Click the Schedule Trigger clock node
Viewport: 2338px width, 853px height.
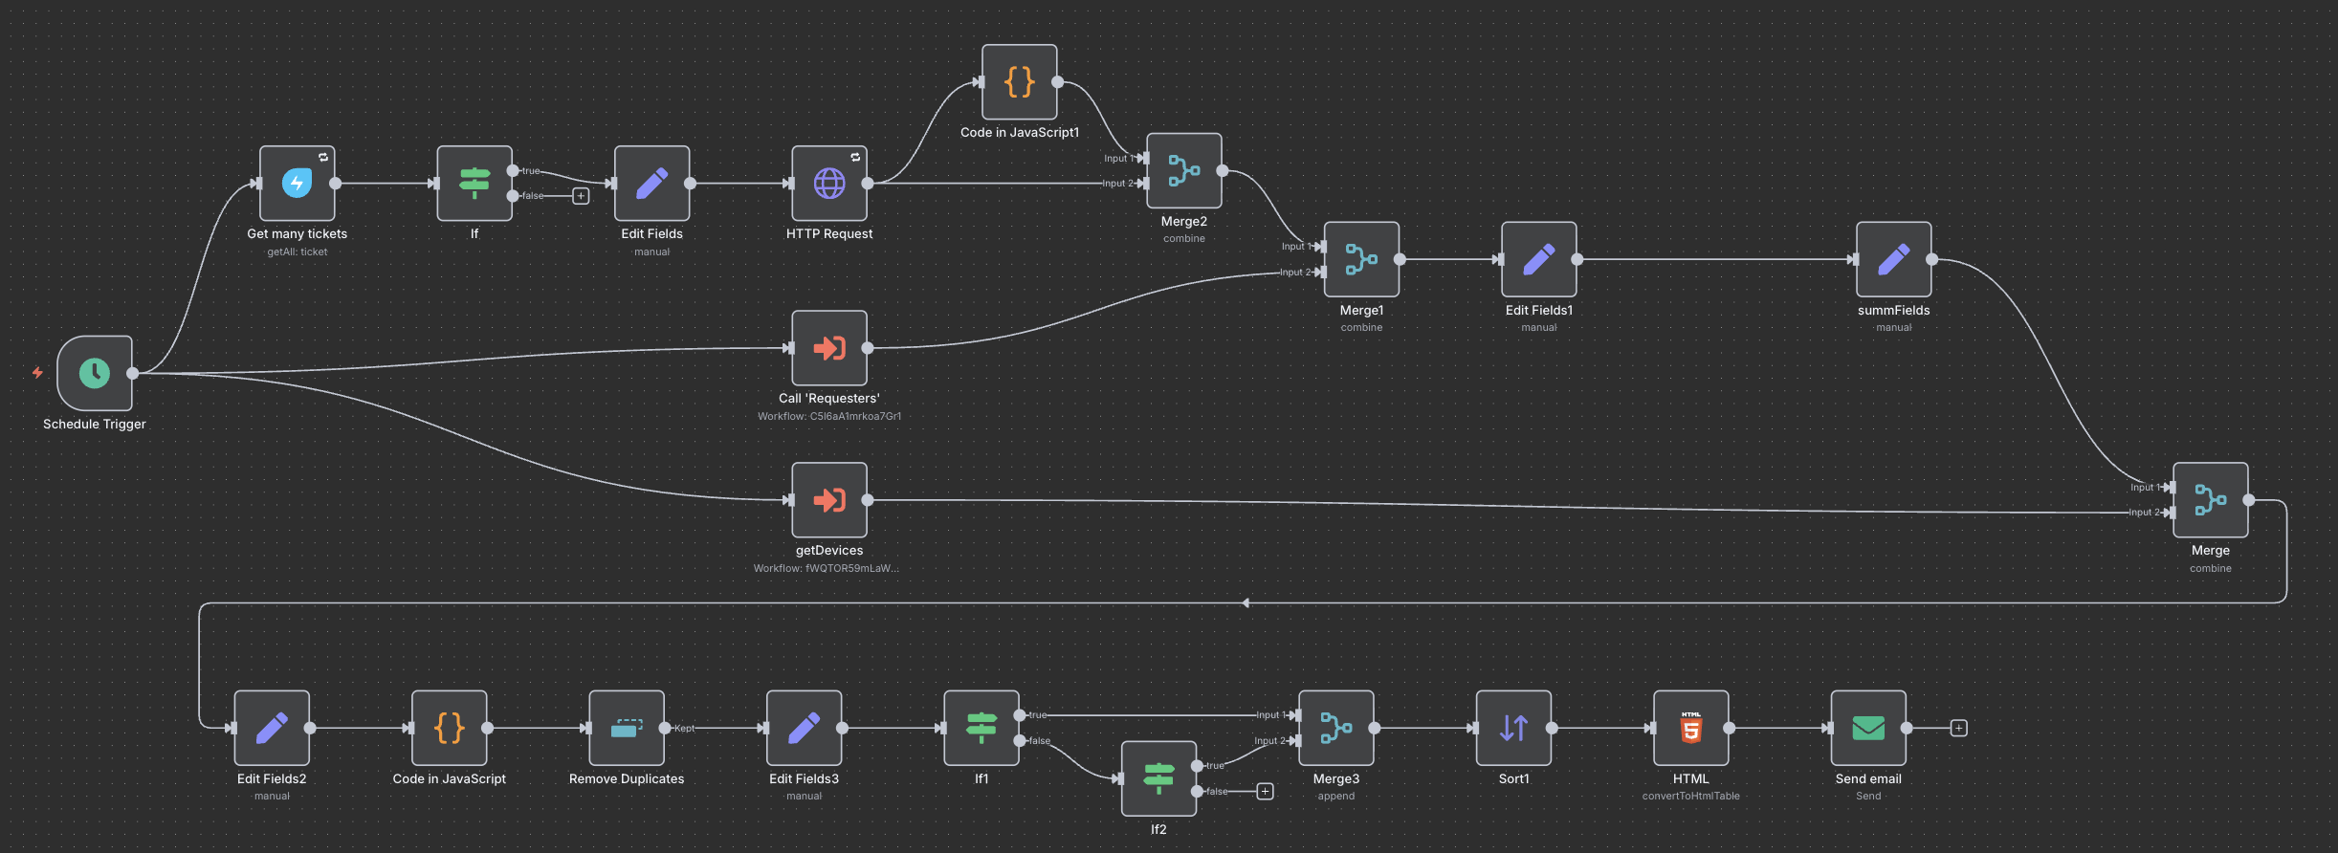[x=94, y=373]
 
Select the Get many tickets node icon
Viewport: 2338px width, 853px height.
[x=297, y=183]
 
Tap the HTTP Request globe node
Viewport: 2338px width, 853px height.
[x=828, y=183]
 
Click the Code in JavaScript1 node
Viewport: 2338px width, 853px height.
[x=1019, y=82]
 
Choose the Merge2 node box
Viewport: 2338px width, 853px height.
[x=1183, y=170]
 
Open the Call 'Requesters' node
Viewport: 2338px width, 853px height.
[x=828, y=348]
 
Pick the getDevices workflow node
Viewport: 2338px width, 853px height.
[x=828, y=500]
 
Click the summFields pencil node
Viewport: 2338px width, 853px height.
[x=1893, y=259]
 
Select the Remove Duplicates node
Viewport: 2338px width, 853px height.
[x=626, y=728]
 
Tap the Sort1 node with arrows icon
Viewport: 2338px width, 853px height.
[x=1513, y=728]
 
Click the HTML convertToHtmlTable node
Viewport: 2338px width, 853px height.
[x=1690, y=728]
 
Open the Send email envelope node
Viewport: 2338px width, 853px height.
[x=1867, y=728]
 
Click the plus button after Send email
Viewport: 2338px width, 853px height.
[x=1958, y=728]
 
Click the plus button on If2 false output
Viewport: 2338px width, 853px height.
[x=1265, y=791]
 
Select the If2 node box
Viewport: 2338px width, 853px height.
[x=1158, y=778]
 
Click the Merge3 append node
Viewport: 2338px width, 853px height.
[x=1335, y=728]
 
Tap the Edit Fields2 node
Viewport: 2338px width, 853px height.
[x=272, y=728]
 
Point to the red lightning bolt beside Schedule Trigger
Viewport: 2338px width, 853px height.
[x=37, y=373]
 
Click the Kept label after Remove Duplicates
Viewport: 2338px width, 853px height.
[x=684, y=728]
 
